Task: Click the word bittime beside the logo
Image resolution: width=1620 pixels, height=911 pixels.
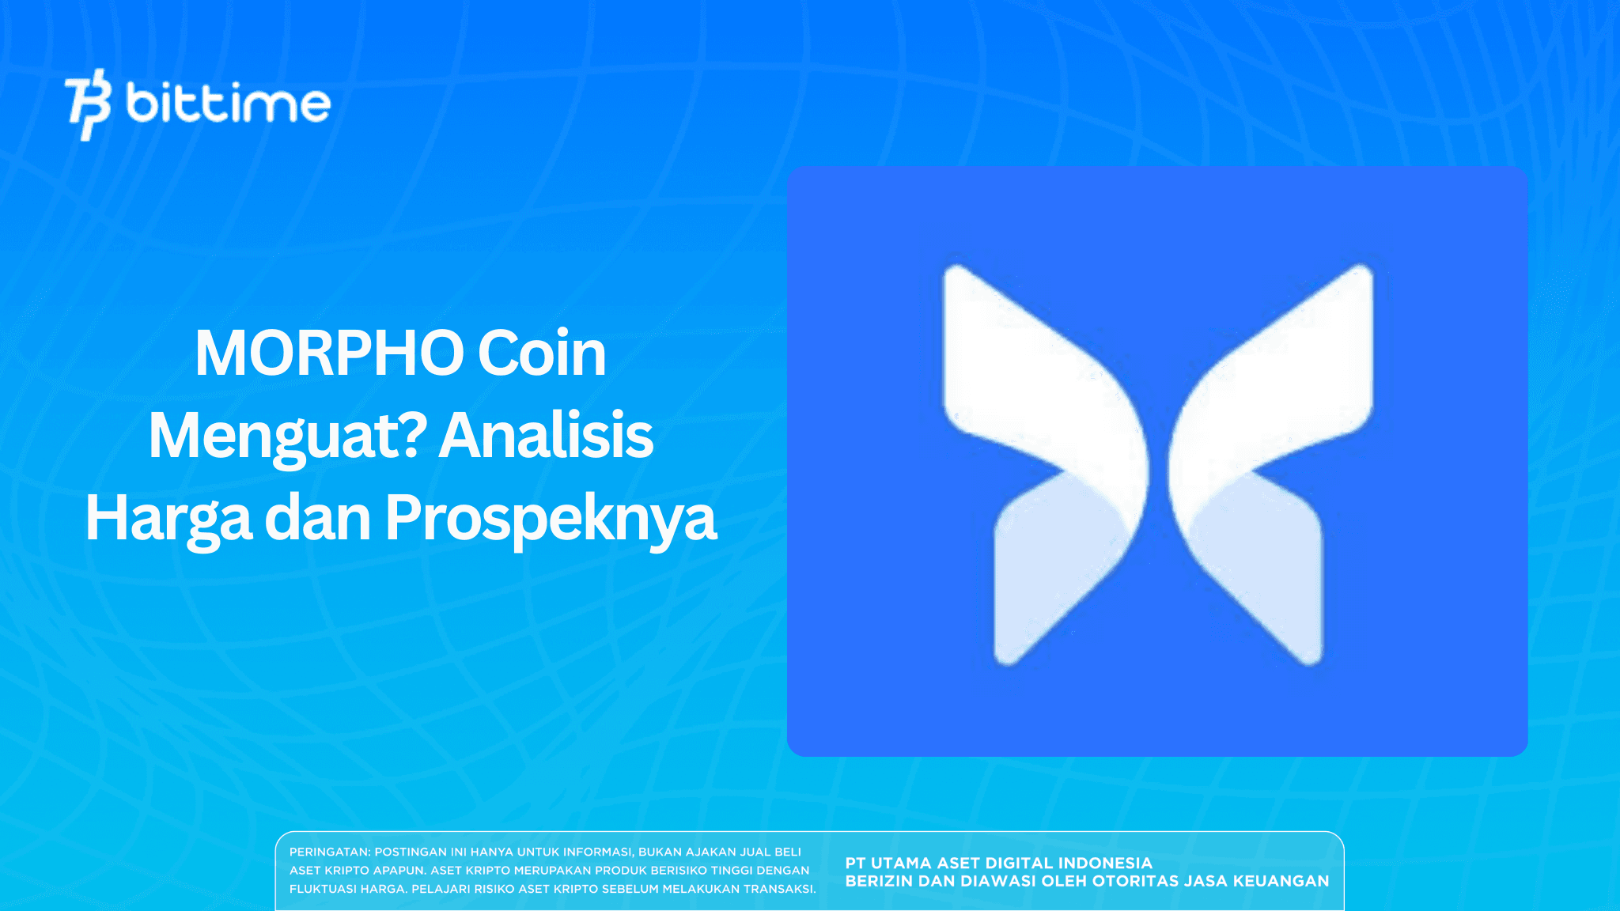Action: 228,104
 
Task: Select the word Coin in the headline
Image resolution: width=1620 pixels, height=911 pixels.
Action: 542,353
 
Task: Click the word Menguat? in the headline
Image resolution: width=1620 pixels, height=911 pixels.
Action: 288,436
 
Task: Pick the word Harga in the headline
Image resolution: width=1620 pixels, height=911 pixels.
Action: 168,518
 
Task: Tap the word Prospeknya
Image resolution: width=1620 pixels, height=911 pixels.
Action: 551,518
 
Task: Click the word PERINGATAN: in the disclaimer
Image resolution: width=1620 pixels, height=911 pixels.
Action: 329,852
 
